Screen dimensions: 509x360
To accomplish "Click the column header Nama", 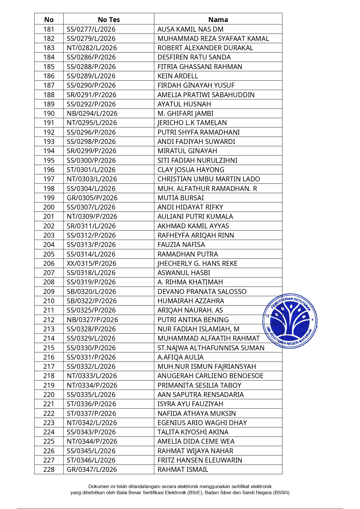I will click(218, 20).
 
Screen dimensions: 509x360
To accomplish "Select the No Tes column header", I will click(109, 20).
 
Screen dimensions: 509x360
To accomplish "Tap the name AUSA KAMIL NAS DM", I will click(190, 29).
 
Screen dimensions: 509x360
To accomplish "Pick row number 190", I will click(49, 113).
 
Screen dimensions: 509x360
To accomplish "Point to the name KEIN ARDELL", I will click(178, 76).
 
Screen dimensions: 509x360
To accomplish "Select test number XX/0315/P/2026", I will click(91, 263).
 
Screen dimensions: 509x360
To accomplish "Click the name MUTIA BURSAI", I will click(180, 198).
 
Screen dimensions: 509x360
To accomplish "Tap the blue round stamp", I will click(290, 321).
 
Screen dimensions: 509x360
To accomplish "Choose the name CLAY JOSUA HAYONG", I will click(191, 170).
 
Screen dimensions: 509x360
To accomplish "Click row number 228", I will click(49, 470).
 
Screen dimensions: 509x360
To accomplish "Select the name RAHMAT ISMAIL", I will click(183, 470).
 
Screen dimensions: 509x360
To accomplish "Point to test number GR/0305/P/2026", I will click(92, 198).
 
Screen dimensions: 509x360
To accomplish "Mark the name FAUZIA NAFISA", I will click(181, 245).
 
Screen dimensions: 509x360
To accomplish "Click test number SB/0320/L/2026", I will click(91, 292).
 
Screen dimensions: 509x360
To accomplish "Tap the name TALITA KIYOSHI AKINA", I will click(193, 432).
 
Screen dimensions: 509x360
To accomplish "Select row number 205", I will click(49, 254).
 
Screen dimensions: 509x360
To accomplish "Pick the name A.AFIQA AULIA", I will click(180, 357).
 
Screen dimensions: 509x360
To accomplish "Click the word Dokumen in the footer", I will click(99, 486).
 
